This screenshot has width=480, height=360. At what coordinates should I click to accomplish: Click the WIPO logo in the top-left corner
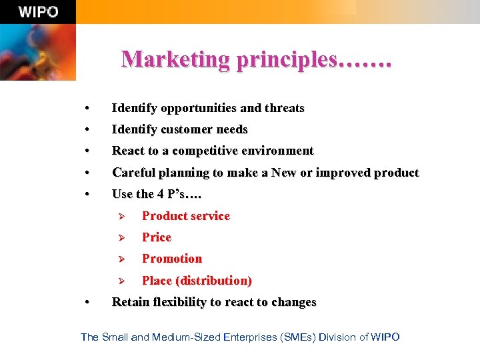(x=38, y=12)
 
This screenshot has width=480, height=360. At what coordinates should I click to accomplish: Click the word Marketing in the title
(x=175, y=59)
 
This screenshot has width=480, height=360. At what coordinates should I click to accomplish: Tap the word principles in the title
(x=287, y=59)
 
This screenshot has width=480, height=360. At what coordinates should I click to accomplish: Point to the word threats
(x=284, y=108)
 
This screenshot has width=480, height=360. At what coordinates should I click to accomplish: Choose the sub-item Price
(x=157, y=237)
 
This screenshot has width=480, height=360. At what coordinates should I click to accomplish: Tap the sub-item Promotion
(x=172, y=259)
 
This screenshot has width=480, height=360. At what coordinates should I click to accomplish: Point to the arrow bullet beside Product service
(x=121, y=216)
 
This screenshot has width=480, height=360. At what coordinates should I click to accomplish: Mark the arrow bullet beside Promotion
(x=121, y=259)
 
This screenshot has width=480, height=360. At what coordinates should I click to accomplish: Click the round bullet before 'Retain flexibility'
(x=87, y=303)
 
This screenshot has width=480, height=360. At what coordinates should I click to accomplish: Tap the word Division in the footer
(x=337, y=337)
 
